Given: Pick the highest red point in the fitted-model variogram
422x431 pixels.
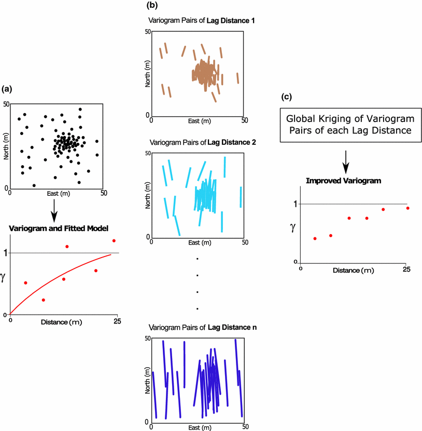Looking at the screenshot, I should pyautogui.click(x=114, y=240).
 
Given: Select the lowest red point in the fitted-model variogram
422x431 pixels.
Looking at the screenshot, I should pyautogui.click(x=44, y=300).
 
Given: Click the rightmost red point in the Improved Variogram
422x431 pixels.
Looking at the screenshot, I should pyautogui.click(x=407, y=208).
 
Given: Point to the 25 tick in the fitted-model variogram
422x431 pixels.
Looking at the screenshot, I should pyautogui.click(x=117, y=321).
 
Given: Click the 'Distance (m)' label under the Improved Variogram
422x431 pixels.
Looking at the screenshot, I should pyautogui.click(x=353, y=271).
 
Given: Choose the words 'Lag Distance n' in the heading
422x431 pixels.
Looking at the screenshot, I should pyautogui.click(x=231, y=328).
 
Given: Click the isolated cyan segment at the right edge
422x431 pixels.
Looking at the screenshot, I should pyautogui.click(x=241, y=197).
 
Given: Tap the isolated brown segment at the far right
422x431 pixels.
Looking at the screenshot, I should pyautogui.click(x=237, y=78).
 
